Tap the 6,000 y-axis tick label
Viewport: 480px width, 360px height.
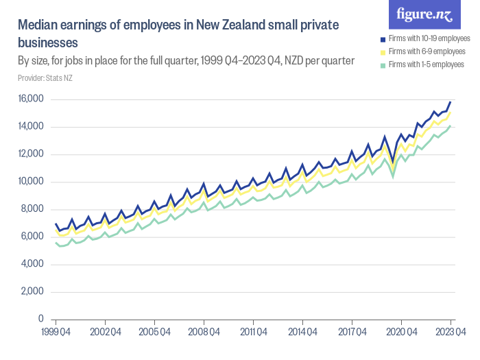click(31, 237)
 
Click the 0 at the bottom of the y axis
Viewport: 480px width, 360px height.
click(41, 320)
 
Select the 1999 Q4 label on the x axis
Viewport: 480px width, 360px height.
click(56, 332)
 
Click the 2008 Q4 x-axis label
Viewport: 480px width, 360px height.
click(204, 332)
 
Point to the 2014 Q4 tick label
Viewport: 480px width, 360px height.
click(302, 332)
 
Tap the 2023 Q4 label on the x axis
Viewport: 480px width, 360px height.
click(451, 332)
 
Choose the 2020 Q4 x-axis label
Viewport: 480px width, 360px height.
click(401, 332)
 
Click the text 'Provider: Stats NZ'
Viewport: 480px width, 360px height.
click(45, 78)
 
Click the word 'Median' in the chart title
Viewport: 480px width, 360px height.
click(38, 25)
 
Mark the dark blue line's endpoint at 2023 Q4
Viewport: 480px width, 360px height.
click(451, 102)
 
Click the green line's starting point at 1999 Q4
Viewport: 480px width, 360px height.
click(56, 243)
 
